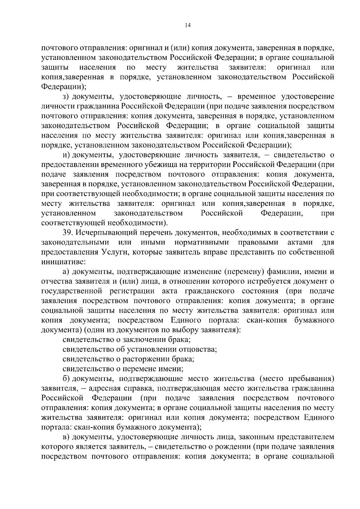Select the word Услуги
[113, 252]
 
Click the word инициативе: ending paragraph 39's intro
[63, 261]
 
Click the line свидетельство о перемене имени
[123, 369]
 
